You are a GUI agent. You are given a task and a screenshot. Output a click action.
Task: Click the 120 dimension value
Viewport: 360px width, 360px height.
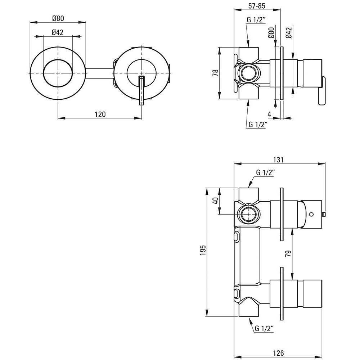[100, 114]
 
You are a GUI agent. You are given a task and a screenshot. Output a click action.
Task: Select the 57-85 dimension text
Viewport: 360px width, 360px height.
[257, 6]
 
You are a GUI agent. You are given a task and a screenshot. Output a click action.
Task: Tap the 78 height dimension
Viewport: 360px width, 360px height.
[216, 73]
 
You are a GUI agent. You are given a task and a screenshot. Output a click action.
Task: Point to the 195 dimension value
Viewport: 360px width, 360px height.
[203, 250]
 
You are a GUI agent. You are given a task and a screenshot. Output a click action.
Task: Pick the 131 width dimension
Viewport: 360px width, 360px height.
[278, 160]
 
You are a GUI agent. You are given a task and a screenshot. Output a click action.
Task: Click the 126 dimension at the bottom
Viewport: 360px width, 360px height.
[278, 353]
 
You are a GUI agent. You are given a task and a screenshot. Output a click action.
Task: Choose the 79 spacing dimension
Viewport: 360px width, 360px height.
[288, 253]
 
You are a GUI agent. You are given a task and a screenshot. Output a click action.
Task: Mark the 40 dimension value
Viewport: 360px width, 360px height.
[216, 201]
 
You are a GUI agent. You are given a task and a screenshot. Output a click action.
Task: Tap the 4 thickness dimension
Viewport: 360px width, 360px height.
[270, 114]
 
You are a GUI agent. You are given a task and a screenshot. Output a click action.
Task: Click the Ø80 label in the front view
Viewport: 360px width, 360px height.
[58, 18]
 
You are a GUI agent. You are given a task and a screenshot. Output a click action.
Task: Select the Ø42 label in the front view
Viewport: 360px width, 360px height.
[57, 32]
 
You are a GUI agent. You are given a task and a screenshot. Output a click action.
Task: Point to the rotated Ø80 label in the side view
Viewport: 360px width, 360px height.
[271, 33]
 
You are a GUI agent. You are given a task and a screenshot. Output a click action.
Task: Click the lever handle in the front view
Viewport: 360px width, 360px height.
[142, 90]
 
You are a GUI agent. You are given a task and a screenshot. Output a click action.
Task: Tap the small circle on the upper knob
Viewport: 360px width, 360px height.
[311, 215]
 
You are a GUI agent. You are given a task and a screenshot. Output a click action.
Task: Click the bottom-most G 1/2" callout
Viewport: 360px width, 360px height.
[264, 329]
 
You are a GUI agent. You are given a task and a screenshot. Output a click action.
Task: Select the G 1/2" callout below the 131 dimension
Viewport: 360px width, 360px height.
[265, 173]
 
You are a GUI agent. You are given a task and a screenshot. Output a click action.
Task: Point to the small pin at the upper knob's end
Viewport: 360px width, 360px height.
[324, 215]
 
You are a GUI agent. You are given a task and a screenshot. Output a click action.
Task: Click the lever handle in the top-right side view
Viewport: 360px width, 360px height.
[321, 91]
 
